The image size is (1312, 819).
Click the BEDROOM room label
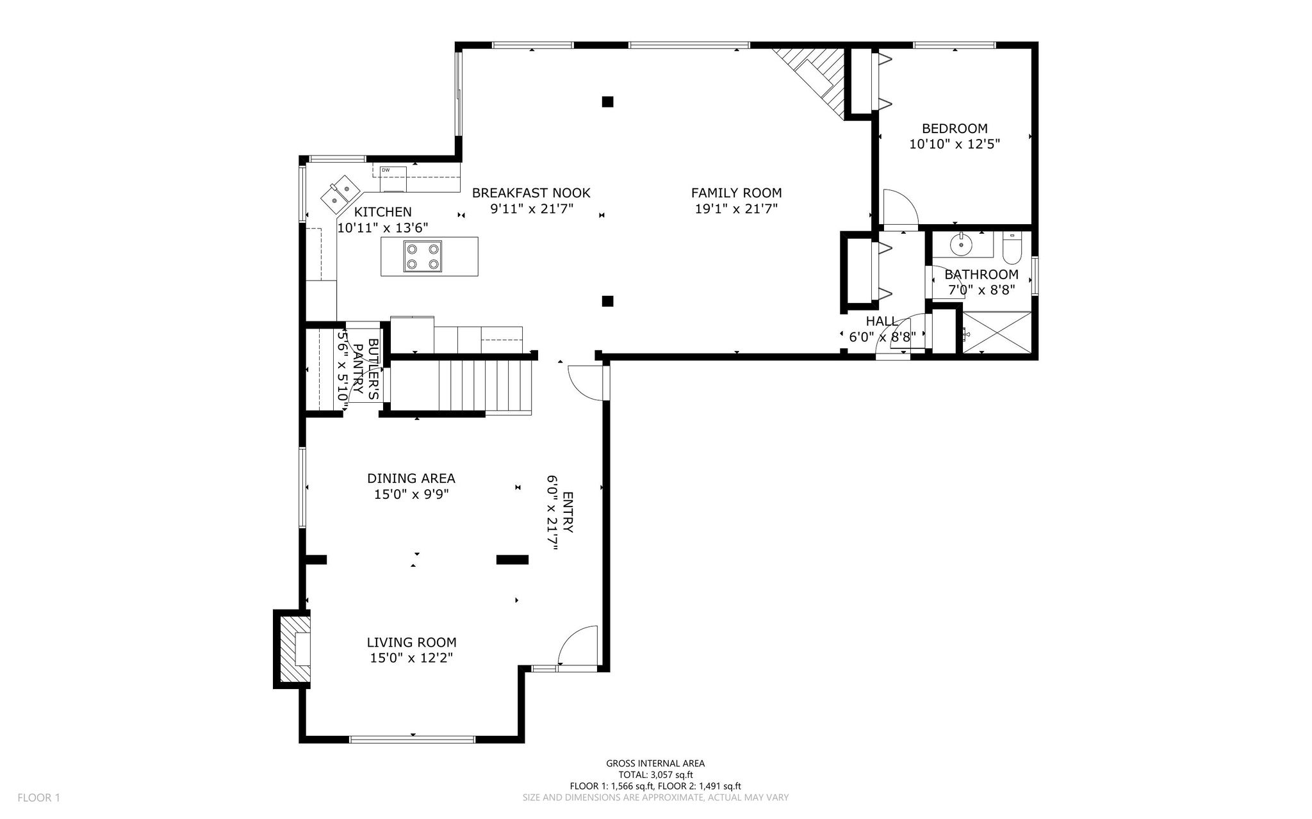955,128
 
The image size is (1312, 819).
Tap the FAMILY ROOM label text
736,193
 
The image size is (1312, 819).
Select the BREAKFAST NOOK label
531,193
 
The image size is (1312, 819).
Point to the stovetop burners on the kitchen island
422,256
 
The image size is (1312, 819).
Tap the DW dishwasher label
386,170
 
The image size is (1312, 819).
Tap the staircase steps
461,385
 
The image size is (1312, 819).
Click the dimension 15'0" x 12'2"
411,658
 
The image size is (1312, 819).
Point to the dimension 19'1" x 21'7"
736,209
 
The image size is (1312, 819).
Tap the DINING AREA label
411,478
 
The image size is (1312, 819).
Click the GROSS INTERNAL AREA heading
655,763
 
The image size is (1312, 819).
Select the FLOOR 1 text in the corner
38,798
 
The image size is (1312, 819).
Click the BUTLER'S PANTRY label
365,371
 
